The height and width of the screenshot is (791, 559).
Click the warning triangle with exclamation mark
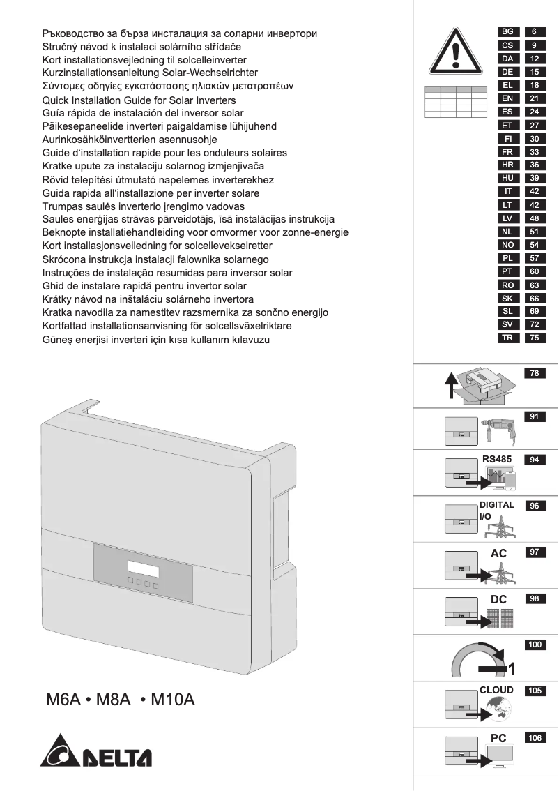[457, 54]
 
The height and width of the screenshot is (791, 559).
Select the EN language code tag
[507, 98]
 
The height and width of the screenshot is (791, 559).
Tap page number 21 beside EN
[534, 98]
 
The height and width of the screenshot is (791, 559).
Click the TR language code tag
[507, 338]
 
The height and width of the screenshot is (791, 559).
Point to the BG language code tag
[507, 32]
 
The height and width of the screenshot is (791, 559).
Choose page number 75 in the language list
[534, 338]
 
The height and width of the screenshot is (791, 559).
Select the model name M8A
[113, 700]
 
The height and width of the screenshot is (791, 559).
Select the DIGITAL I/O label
[497, 510]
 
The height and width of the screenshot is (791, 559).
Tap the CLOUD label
[496, 690]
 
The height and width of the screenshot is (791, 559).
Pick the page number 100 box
[535, 645]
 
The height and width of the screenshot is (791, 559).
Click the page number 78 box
[535, 373]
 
